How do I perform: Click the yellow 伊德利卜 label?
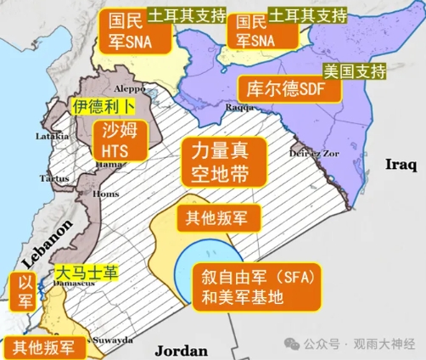102,106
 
